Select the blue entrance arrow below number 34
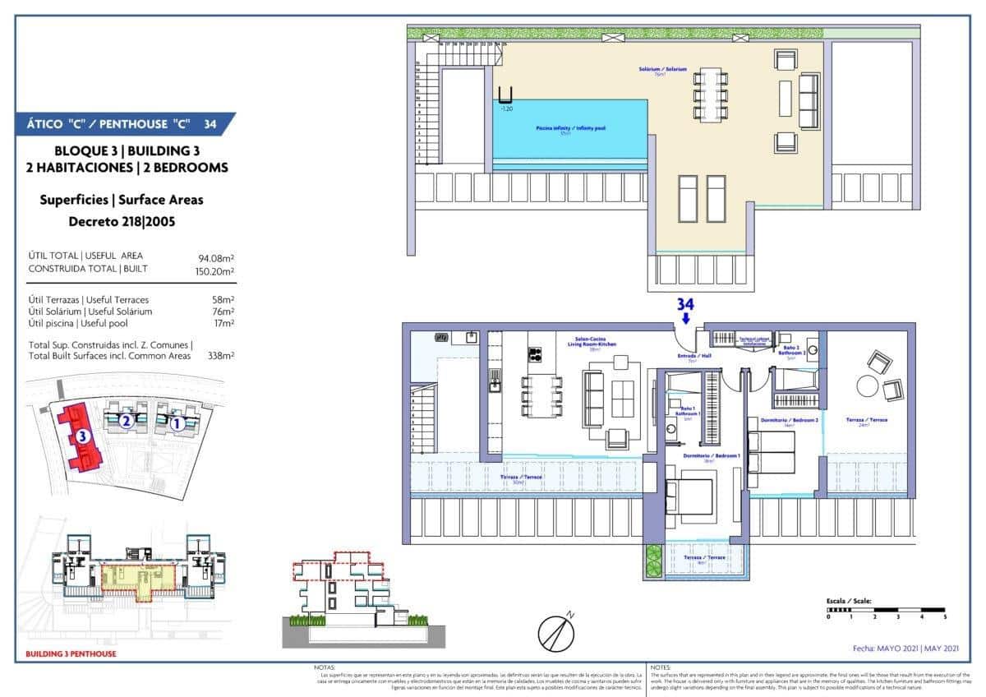[x=686, y=319]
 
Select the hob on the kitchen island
[x=534, y=354]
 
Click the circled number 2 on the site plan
[x=125, y=421]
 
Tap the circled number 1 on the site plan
[x=176, y=424]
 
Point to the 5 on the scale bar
[x=945, y=616]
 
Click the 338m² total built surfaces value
[x=221, y=356]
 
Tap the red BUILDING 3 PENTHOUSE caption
[x=71, y=654]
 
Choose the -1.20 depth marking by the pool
[x=508, y=108]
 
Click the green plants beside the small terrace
[x=653, y=561]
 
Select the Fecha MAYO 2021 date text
[x=905, y=649]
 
